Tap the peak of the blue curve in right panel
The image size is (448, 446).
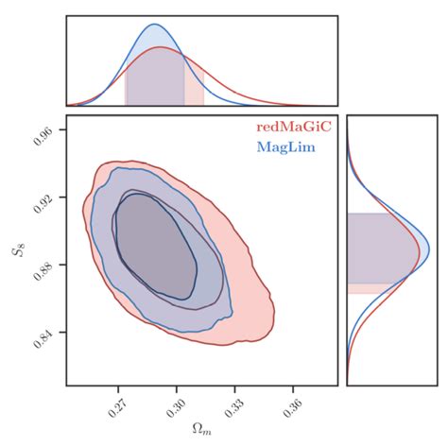(x=419, y=248)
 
